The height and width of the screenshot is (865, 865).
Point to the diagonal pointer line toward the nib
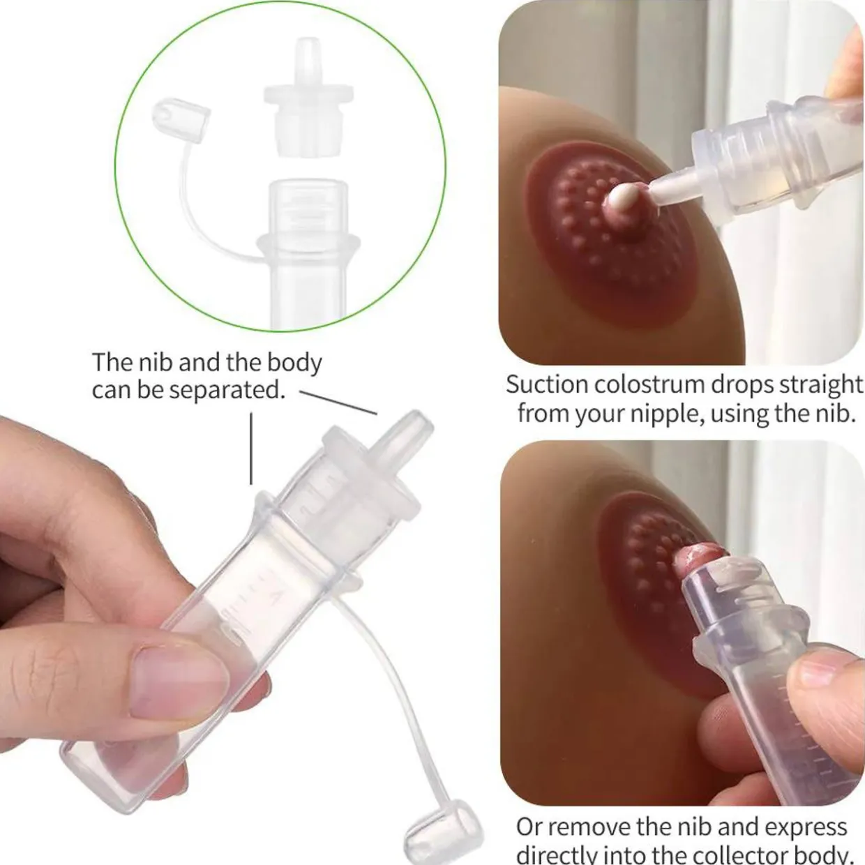(338, 403)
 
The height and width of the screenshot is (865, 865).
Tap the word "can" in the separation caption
(112, 390)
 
